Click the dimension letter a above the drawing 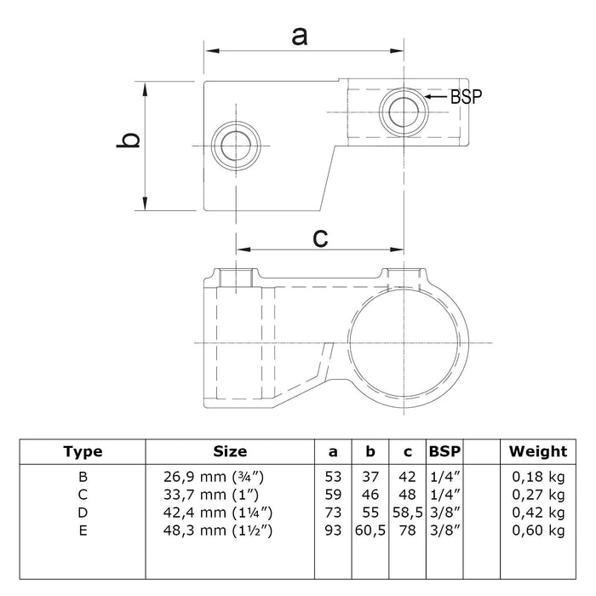[300, 37]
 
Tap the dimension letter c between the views [320, 238]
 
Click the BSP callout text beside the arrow [466, 96]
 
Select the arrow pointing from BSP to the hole [436, 96]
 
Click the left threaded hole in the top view [236, 146]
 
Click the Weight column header [538, 451]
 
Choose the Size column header [230, 451]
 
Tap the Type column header [83, 452]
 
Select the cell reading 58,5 [408, 513]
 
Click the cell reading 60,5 [370, 530]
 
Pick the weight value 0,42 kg [538, 513]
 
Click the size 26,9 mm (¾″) [214, 477]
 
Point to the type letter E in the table [83, 530]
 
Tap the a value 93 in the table [333, 530]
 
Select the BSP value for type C [444, 495]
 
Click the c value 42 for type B [408, 477]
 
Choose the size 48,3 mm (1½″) [218, 530]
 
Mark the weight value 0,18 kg [538, 477]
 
